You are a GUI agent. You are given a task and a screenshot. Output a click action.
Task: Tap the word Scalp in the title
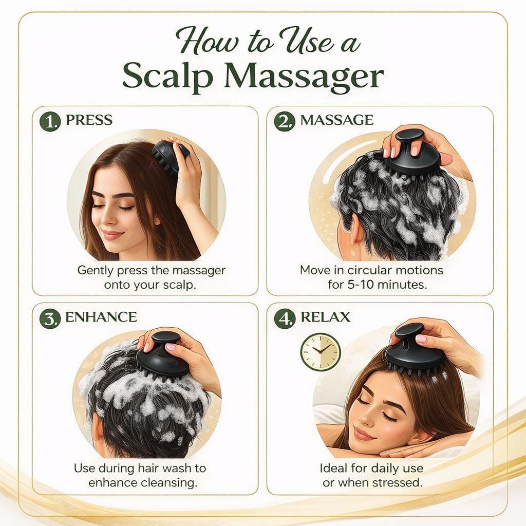pyautogui.click(x=167, y=77)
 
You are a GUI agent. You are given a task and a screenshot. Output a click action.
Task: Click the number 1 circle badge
pyautogui.click(x=50, y=121)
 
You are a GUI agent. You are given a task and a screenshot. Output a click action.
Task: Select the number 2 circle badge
pyautogui.click(x=285, y=121)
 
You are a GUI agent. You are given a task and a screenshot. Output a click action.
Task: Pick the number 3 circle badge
pyautogui.click(x=50, y=318)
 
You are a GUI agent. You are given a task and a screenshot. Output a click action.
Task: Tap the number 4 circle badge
pyautogui.click(x=285, y=318)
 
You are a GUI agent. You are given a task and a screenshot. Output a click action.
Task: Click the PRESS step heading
pyautogui.click(x=89, y=120)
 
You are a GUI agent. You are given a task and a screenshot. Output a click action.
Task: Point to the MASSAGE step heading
pyautogui.click(x=336, y=120)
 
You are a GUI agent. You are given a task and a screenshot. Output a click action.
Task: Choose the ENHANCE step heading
pyautogui.click(x=101, y=317)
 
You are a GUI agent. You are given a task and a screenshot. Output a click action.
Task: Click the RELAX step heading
pyautogui.click(x=325, y=317)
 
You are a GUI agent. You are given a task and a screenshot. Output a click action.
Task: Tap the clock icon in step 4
pyautogui.click(x=321, y=351)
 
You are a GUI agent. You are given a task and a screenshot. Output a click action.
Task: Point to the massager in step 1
pyautogui.click(x=170, y=156)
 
